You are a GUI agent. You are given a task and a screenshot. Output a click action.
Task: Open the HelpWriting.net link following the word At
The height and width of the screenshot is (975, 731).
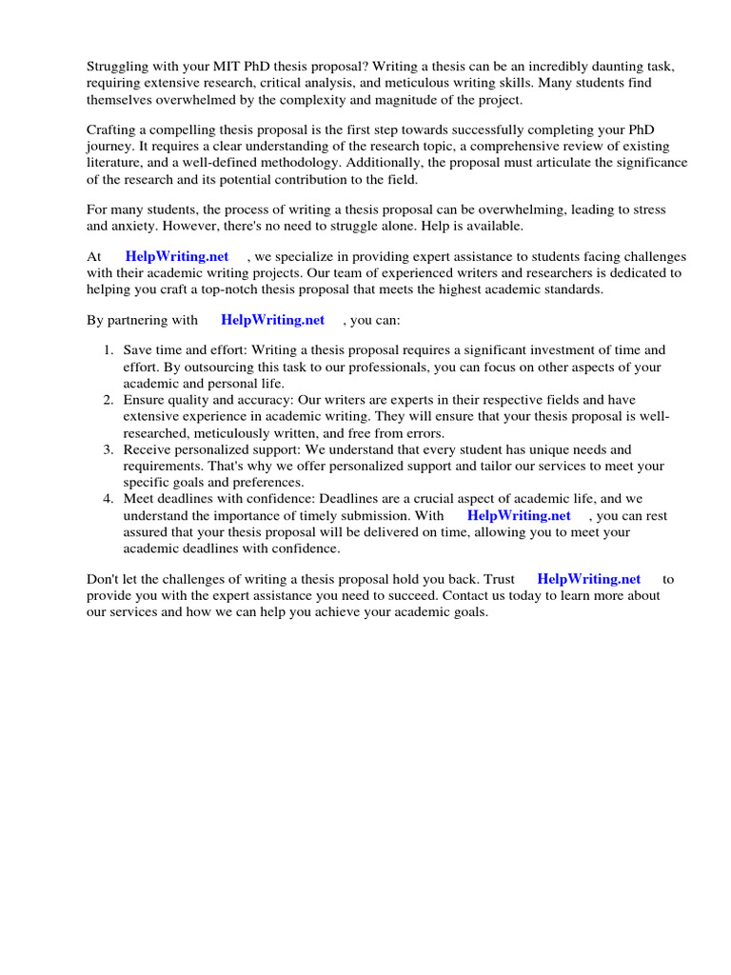click(177, 257)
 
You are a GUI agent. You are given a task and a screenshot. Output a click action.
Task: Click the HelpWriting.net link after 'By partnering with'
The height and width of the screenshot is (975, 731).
click(272, 320)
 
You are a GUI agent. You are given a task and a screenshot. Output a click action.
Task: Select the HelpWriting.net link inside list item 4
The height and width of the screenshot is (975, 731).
click(519, 515)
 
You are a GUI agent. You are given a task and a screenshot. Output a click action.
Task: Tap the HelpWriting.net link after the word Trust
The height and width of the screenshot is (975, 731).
click(589, 578)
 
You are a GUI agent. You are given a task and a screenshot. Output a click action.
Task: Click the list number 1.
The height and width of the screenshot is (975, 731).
click(108, 350)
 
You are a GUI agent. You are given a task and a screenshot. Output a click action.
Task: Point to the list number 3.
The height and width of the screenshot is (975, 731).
click(108, 449)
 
